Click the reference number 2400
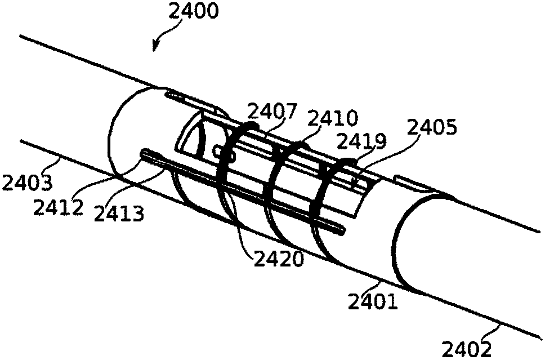(x=194, y=11)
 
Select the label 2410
(x=333, y=118)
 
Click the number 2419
(x=362, y=141)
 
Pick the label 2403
(x=27, y=183)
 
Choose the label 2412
(x=59, y=208)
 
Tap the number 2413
(x=119, y=213)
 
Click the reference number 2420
(x=279, y=259)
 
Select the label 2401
(x=373, y=301)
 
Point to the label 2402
(x=466, y=349)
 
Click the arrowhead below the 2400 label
(x=155, y=46)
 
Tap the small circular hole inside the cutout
(x=217, y=150)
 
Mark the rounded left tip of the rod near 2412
(x=142, y=153)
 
